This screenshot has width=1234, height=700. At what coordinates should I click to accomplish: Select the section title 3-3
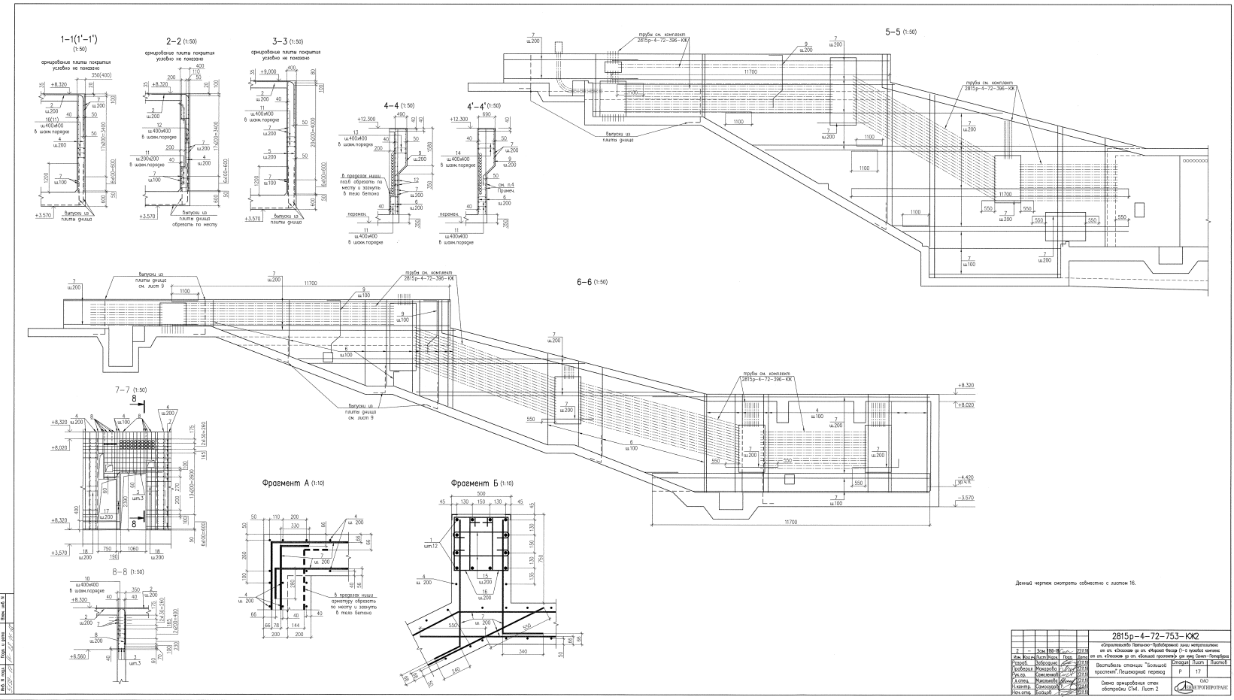click(267, 41)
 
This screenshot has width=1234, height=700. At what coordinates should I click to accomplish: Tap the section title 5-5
click(896, 32)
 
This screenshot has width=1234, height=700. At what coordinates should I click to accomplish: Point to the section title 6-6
click(586, 282)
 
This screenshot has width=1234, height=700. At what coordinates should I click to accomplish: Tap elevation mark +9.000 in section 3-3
click(267, 71)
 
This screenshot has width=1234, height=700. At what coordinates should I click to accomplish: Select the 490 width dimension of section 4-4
click(401, 114)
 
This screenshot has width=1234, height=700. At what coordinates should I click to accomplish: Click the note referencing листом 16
click(1075, 583)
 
